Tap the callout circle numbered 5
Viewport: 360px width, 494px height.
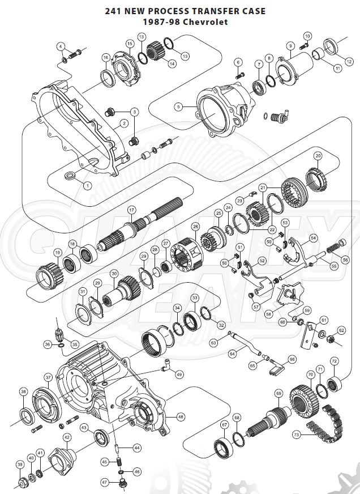[x=178, y=107]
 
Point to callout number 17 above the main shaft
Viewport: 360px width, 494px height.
[x=131, y=210]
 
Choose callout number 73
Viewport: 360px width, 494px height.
[x=297, y=435]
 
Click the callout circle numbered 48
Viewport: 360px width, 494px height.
[x=181, y=416]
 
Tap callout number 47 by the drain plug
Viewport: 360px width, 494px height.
[x=104, y=482]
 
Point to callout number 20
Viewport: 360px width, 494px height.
[x=318, y=155]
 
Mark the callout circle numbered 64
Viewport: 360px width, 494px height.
[x=232, y=354]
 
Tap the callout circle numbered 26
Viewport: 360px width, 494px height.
[x=195, y=226]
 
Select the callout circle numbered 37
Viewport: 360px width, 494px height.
[x=48, y=377]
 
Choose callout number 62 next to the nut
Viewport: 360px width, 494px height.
[x=341, y=330]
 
